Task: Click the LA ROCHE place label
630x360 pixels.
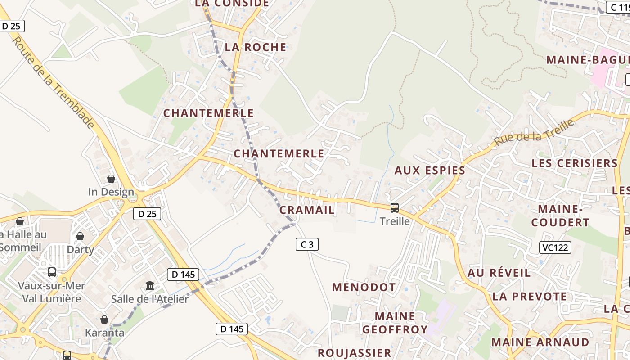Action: (255, 47)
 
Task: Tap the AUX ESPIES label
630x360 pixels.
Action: (430, 171)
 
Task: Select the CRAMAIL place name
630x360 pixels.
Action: (307, 210)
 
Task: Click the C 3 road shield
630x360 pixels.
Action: (307, 244)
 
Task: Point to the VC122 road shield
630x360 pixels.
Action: (555, 247)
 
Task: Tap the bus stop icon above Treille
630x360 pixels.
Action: (395, 208)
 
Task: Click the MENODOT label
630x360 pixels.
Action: (364, 287)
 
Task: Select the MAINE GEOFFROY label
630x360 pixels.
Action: (395, 323)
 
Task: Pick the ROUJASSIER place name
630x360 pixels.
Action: (354, 352)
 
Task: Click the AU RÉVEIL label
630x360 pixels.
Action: (499, 273)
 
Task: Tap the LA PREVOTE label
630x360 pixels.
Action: (530, 296)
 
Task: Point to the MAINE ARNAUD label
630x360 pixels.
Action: (540, 342)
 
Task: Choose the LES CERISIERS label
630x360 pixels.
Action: (575, 163)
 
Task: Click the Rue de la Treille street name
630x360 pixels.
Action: (534, 133)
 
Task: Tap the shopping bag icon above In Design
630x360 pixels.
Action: (111, 179)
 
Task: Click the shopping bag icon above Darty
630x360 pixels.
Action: (80, 236)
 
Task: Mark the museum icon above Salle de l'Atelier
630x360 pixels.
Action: (149, 286)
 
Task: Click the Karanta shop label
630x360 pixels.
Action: (105, 333)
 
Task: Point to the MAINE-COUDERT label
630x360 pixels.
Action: (560, 216)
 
